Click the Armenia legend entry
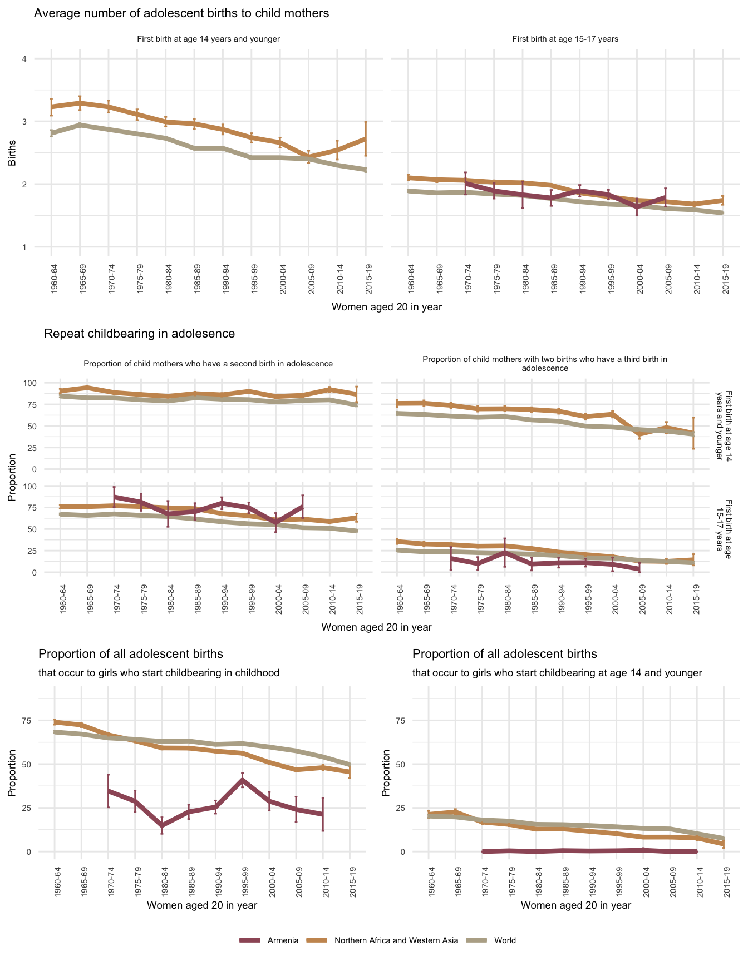[283, 940]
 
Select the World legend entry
[505, 940]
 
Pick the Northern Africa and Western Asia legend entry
[396, 940]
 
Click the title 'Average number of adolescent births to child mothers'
[181, 13]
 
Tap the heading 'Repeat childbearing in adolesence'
[139, 334]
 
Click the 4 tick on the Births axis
[24, 59]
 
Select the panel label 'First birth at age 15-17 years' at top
[565, 39]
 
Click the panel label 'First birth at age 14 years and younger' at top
[208, 39]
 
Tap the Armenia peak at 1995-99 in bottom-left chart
[242, 780]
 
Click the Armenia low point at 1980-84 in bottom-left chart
[162, 825]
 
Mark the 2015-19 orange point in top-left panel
[366, 138]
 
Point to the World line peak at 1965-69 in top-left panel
[80, 125]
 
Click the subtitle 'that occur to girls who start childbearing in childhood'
[159, 673]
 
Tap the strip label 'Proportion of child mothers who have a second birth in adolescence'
[208, 364]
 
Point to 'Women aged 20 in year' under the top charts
[386, 306]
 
